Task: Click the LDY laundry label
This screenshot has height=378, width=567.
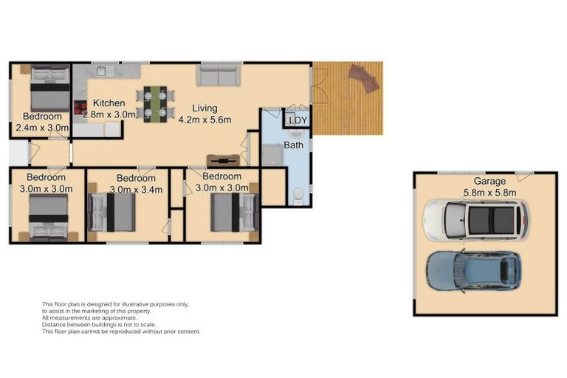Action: [298, 120]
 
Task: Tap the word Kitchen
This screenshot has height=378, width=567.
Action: [109, 103]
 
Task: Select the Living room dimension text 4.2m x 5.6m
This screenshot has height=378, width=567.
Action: [205, 120]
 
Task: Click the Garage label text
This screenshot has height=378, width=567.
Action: [489, 181]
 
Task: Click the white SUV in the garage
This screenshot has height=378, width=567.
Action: [476, 220]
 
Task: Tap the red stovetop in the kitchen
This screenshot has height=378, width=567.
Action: [80, 107]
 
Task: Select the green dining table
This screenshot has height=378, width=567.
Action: [155, 104]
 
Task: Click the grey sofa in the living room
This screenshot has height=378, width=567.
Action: [219, 75]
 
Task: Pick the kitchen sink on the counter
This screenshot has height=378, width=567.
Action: [106, 71]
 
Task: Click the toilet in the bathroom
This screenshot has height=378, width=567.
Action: [298, 196]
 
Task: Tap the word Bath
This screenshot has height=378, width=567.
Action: [293, 145]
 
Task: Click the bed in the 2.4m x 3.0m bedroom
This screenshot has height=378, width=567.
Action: [50, 89]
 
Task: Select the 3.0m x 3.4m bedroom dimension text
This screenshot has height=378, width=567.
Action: [136, 190]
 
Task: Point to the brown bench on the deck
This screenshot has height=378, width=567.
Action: [364, 78]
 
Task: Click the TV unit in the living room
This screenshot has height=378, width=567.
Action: [223, 160]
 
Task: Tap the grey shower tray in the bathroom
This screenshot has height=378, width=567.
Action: [272, 155]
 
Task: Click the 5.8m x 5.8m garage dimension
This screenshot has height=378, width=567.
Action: [489, 193]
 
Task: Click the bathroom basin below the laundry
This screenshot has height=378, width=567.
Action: [298, 134]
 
